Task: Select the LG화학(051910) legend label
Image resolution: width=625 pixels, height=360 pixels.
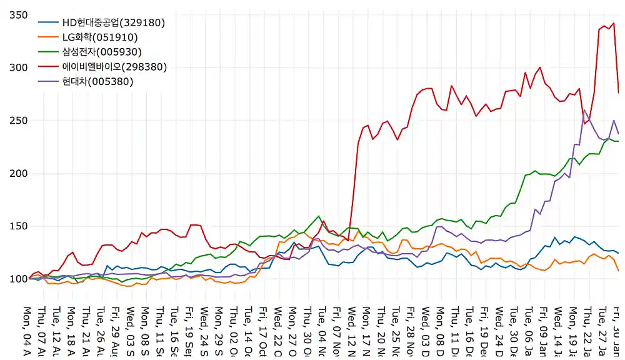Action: [x=100, y=37]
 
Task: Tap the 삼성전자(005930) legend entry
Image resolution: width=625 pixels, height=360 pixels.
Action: [x=102, y=52]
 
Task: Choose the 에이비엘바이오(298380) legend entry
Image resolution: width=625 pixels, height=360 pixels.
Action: [x=114, y=67]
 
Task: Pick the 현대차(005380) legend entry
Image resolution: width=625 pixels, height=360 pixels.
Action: [x=97, y=81]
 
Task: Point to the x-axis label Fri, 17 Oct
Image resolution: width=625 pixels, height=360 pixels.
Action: [x=262, y=331]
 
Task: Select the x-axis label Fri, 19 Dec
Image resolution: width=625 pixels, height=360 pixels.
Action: [x=484, y=331]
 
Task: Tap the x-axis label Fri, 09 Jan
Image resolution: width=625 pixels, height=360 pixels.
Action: [x=543, y=331]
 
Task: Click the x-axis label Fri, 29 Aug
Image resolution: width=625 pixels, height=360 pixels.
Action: [x=116, y=331]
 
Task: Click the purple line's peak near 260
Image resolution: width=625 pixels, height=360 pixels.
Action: [x=584, y=111]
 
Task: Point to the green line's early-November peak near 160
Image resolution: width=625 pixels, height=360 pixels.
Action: [x=319, y=216]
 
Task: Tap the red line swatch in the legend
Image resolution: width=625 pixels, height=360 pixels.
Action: [x=47, y=67]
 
